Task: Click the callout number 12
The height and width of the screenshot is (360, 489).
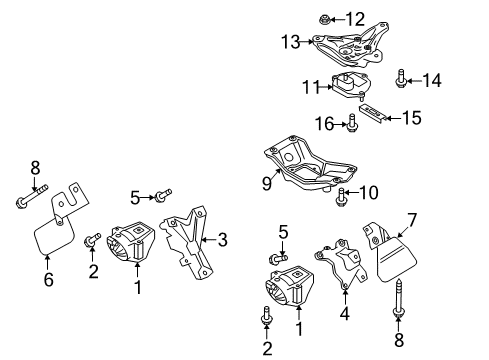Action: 355,19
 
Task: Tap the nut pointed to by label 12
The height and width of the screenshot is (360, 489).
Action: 324,19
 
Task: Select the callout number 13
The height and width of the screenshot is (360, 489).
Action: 291,42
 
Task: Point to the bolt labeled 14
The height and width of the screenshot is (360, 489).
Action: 400,79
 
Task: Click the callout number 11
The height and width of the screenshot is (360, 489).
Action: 311,87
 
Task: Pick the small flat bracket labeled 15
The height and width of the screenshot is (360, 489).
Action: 372,113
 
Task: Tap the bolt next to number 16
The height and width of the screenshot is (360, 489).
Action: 352,123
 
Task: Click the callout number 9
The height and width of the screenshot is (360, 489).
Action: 267,183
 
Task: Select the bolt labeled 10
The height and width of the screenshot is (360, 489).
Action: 341,197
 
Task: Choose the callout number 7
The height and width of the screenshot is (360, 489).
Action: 412,220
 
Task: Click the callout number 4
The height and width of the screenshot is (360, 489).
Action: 345,313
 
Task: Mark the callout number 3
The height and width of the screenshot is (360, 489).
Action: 222,240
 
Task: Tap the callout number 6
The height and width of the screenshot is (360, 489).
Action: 49,279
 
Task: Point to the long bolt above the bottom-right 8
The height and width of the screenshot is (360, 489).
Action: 398,298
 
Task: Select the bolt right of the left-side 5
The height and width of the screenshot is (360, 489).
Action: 163,195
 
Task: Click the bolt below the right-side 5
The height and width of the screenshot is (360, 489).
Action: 278,258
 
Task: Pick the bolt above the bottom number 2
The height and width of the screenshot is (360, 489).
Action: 266,315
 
